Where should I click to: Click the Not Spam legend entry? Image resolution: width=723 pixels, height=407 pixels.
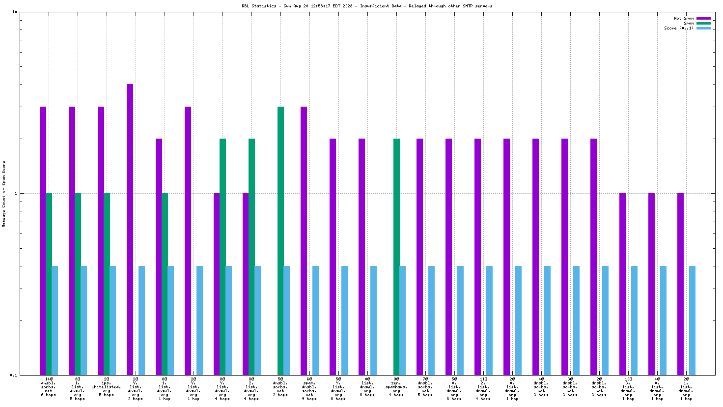click(684, 18)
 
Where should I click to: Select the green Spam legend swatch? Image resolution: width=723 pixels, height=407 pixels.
click(703, 23)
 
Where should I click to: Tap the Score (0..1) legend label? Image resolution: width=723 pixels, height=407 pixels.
click(679, 28)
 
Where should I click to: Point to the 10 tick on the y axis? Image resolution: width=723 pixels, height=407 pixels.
click(15, 12)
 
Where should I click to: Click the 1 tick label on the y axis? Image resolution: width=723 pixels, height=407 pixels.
click(16, 193)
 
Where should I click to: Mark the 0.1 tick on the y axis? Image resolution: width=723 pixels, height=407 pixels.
click(14, 375)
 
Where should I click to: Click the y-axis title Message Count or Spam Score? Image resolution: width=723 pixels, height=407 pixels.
click(4, 194)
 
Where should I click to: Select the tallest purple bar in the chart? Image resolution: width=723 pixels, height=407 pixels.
click(130, 229)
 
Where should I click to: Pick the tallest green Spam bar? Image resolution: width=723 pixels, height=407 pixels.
click(280, 240)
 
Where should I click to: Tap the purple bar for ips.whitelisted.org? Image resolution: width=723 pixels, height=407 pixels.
click(101, 240)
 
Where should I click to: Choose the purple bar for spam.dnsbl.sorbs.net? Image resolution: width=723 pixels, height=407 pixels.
click(304, 240)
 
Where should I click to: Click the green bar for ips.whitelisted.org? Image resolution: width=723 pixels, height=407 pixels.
click(107, 284)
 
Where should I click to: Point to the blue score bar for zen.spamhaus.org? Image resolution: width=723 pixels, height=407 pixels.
click(402, 320)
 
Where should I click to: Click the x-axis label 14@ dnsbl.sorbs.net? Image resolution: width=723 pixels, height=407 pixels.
click(48, 387)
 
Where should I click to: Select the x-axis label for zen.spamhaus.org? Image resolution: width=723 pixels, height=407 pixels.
click(396, 387)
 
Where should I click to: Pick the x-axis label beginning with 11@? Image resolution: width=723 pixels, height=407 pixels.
click(483, 387)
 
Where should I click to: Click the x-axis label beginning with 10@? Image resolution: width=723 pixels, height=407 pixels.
click(628, 387)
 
